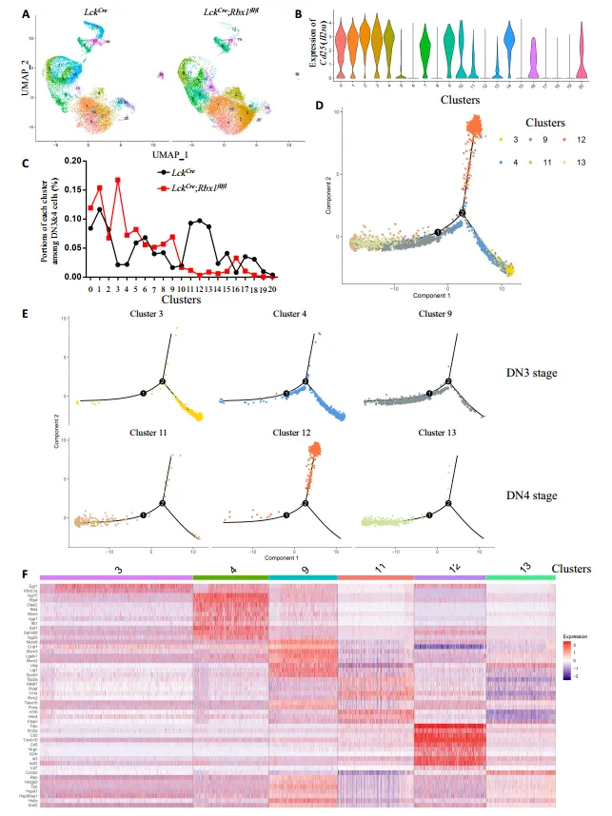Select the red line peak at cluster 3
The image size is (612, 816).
[117, 180]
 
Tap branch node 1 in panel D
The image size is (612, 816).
[438, 231]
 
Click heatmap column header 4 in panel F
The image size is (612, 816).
[230, 567]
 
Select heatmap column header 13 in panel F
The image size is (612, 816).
[521, 567]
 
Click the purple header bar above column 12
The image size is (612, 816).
[449, 576]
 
